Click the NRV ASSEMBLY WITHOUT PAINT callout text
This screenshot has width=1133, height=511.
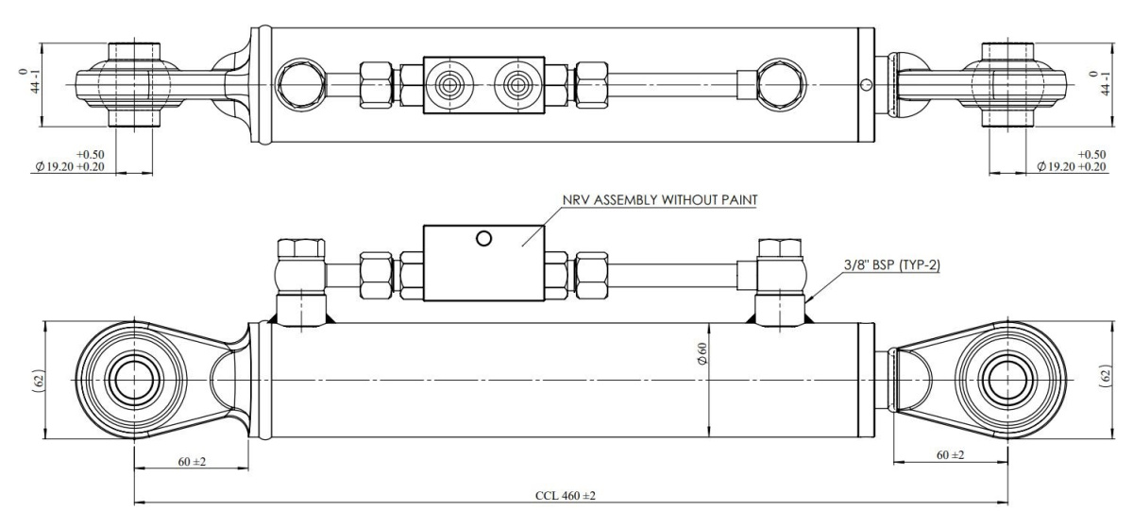pyautogui.click(x=660, y=200)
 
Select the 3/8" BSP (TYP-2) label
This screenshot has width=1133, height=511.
pyautogui.click(x=892, y=264)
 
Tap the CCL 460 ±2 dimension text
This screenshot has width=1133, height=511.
pyautogui.click(x=566, y=495)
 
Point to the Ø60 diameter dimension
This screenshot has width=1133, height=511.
pyautogui.click(x=702, y=352)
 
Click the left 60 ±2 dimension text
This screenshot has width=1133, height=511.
pyautogui.click(x=192, y=462)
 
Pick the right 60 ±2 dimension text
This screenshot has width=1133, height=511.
pyautogui.click(x=951, y=455)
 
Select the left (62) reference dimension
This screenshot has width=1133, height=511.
pyautogui.click(x=40, y=381)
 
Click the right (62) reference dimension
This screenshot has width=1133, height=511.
pyautogui.click(x=1106, y=377)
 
